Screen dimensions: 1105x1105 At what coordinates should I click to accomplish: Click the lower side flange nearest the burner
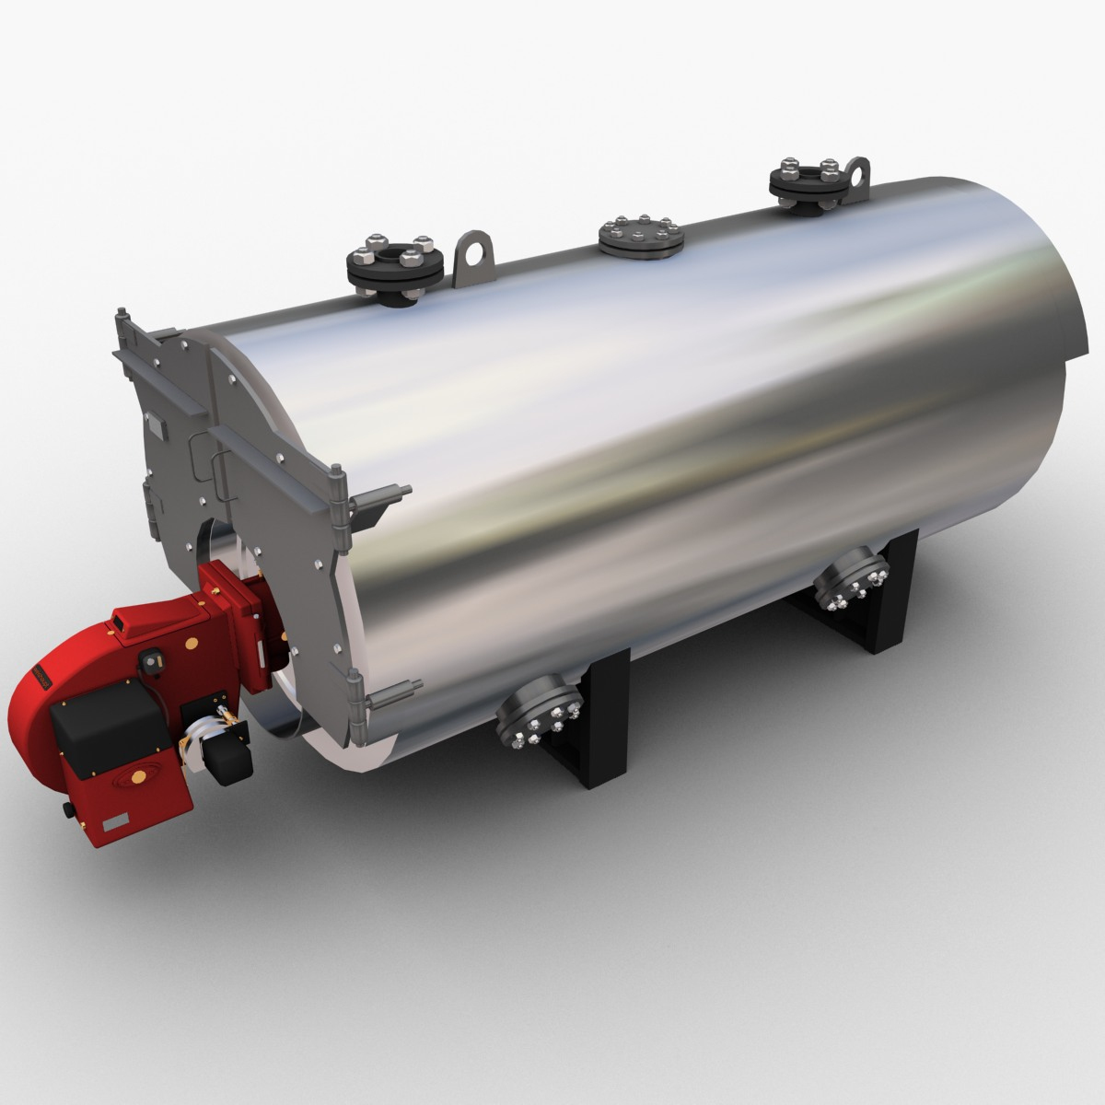(x=539, y=717)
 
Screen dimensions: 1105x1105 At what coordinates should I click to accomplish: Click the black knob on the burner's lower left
(x=66, y=811)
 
